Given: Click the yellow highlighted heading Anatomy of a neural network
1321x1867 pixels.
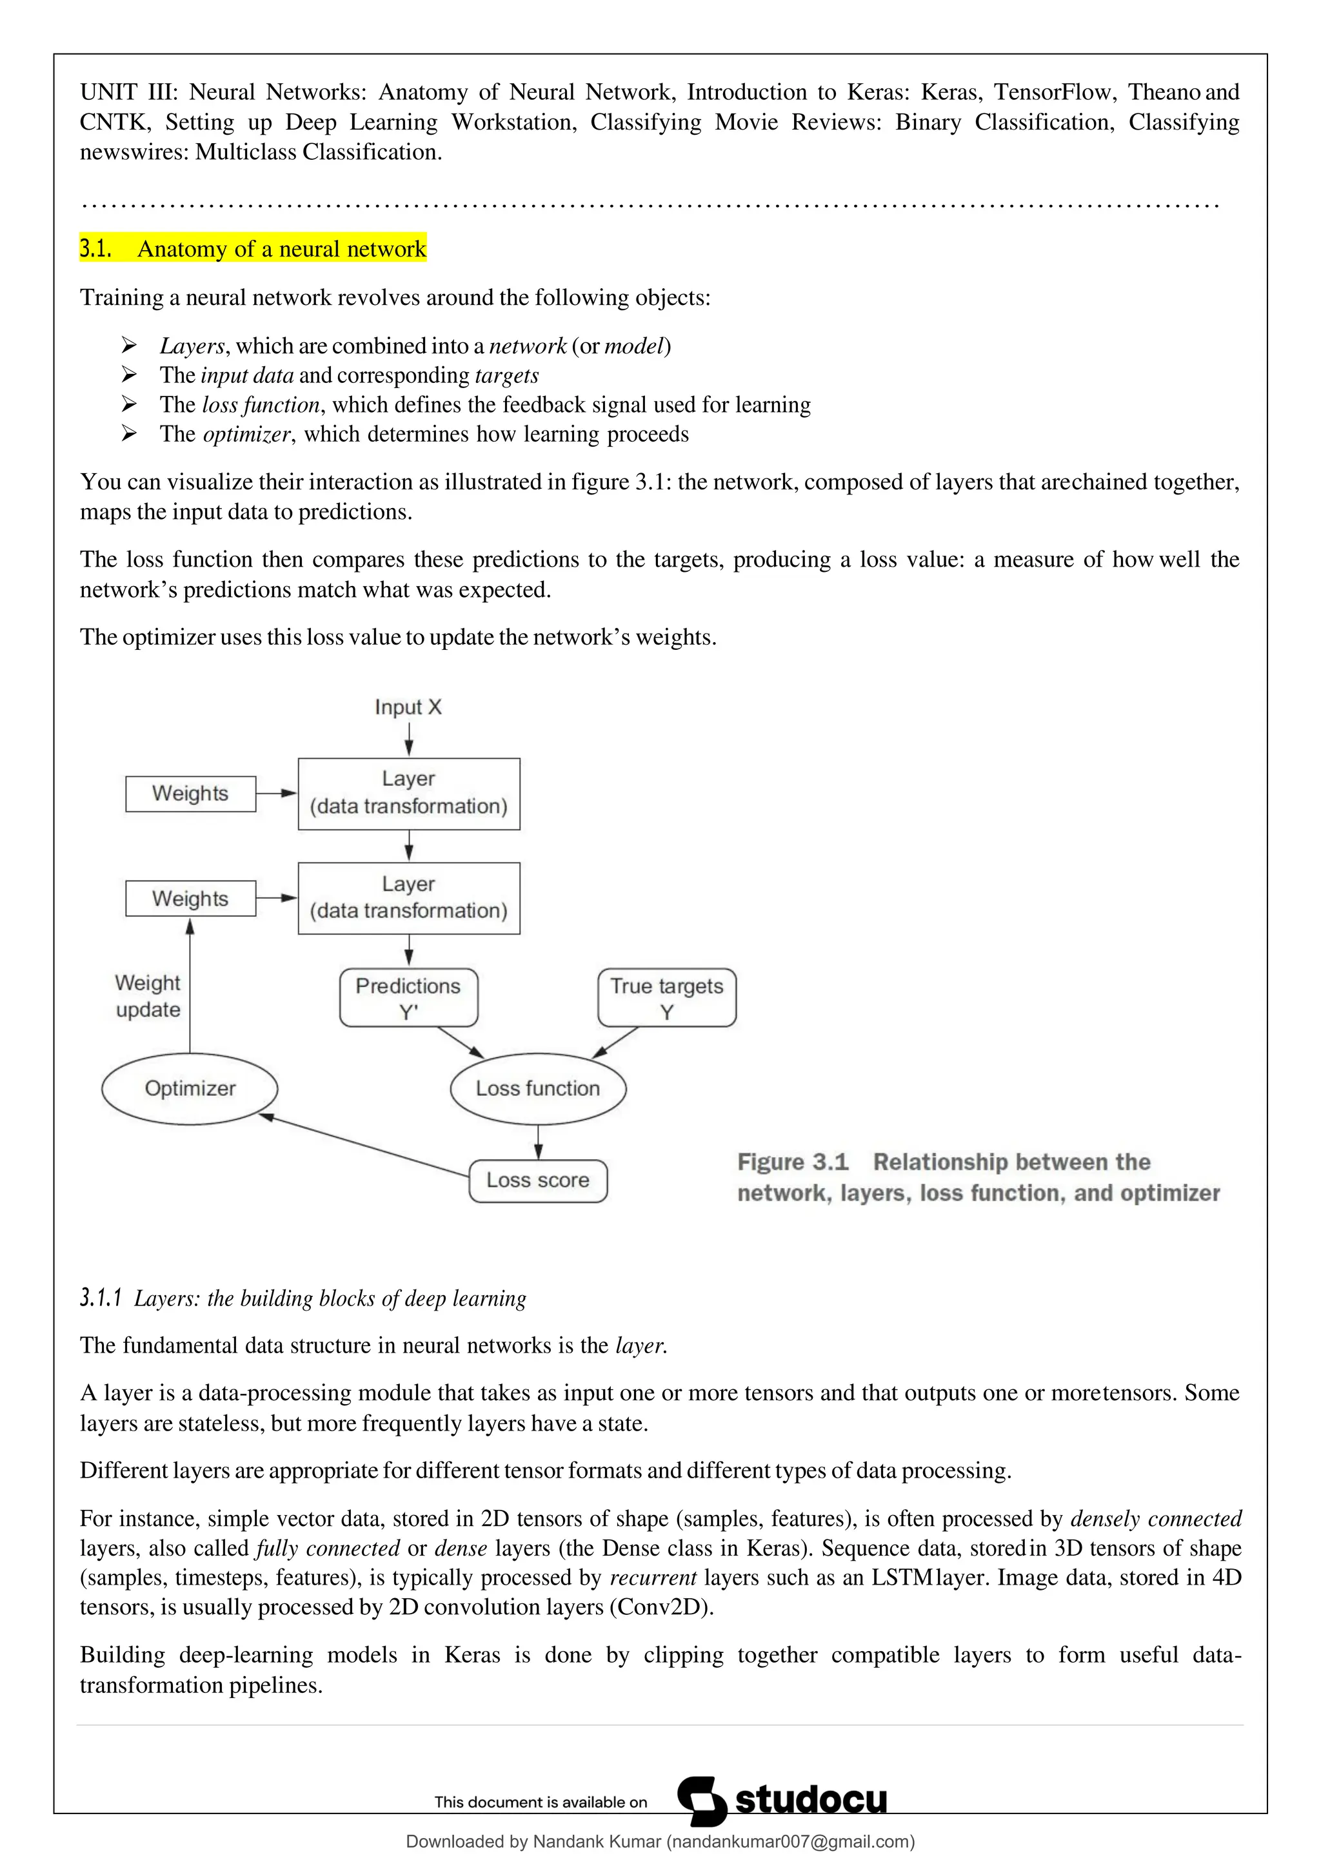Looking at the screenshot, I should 253,249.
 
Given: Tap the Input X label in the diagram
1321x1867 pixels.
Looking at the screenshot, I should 408,707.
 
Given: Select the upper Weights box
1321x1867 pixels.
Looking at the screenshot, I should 190,794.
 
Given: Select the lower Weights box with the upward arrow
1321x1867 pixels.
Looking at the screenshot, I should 190,899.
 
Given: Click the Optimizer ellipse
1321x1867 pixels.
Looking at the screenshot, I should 190,1088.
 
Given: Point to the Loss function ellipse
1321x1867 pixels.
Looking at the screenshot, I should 538,1088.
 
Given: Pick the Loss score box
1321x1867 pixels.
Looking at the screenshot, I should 538,1180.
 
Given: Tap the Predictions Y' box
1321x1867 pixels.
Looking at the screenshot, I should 408,998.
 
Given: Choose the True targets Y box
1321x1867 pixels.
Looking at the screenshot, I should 666,998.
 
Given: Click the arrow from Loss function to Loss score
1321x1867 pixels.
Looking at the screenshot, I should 538,1142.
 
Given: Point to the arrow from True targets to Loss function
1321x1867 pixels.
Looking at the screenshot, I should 616,1042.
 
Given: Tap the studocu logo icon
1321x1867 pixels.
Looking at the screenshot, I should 701,1801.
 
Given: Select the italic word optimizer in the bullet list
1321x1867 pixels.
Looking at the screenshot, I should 246,435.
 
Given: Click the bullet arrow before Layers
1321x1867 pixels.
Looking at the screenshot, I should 128,346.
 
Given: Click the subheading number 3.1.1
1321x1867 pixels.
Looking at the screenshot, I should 100,1298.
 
